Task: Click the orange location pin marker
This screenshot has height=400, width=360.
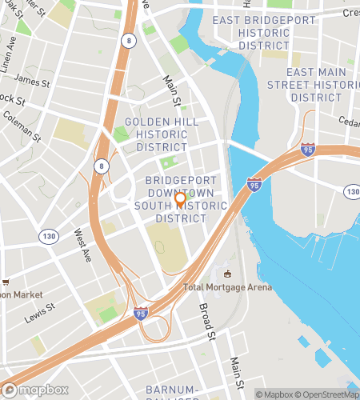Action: [180, 200]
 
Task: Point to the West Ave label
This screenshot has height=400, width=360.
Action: [83, 246]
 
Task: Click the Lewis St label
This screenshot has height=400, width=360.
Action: [38, 310]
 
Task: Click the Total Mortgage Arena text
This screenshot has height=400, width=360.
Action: [227, 287]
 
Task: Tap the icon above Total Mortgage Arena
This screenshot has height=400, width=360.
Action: [227, 274]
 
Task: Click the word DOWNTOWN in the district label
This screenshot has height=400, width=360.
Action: [186, 194]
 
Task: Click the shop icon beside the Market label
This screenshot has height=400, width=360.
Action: [6, 282]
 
